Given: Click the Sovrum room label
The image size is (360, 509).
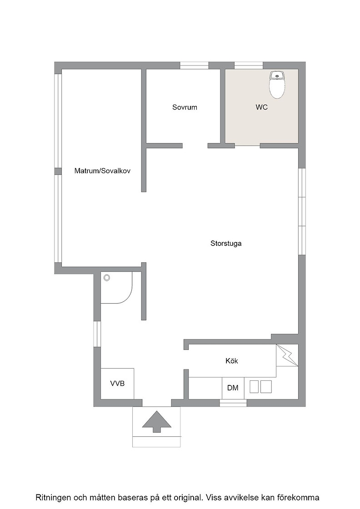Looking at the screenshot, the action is [185, 107].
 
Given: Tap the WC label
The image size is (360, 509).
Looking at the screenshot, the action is [262, 107].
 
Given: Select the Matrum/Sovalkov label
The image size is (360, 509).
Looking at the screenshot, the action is [102, 171].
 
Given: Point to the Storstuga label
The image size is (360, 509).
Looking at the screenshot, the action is [226, 244].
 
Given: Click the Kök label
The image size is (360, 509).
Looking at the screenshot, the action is [232, 361].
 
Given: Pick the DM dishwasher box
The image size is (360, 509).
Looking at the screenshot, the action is [233, 388].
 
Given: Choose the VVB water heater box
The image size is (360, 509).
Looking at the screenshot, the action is [117, 384].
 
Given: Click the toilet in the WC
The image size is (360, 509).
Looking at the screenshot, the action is [277, 85].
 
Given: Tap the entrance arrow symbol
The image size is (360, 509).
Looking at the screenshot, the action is [156, 422].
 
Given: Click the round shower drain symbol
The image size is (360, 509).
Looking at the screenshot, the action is [106, 278].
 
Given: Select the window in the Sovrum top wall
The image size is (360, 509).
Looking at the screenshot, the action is [194, 65].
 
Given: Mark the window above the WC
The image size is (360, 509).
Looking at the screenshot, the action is [249, 65].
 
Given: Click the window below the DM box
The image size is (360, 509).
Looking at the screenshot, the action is [233, 403].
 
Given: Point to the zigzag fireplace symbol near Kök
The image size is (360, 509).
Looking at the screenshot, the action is [287, 355].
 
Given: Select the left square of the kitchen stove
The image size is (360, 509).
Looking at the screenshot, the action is [255, 387].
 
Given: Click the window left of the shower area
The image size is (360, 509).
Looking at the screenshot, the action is [97, 334].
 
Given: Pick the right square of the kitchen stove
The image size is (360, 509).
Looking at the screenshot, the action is [266, 387].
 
